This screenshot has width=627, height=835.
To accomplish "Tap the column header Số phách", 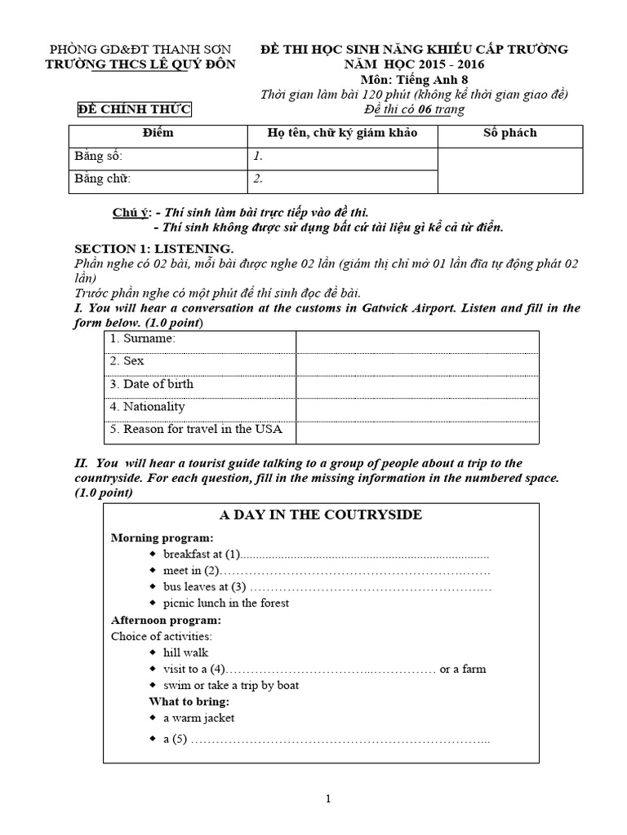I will tap(510, 133).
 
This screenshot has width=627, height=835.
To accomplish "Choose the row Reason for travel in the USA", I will tap(201, 429).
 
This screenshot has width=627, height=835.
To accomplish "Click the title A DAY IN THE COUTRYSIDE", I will tap(321, 515).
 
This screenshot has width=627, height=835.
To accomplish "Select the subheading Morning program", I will tap(162, 538).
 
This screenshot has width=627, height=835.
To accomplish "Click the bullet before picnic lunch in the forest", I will tap(155, 603).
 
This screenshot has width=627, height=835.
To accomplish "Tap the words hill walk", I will tap(185, 652).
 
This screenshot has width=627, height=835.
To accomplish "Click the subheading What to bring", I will tap(189, 701).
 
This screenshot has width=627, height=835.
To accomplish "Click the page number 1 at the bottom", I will tap(327, 799).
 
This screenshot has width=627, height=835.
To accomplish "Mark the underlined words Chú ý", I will tap(131, 213).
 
